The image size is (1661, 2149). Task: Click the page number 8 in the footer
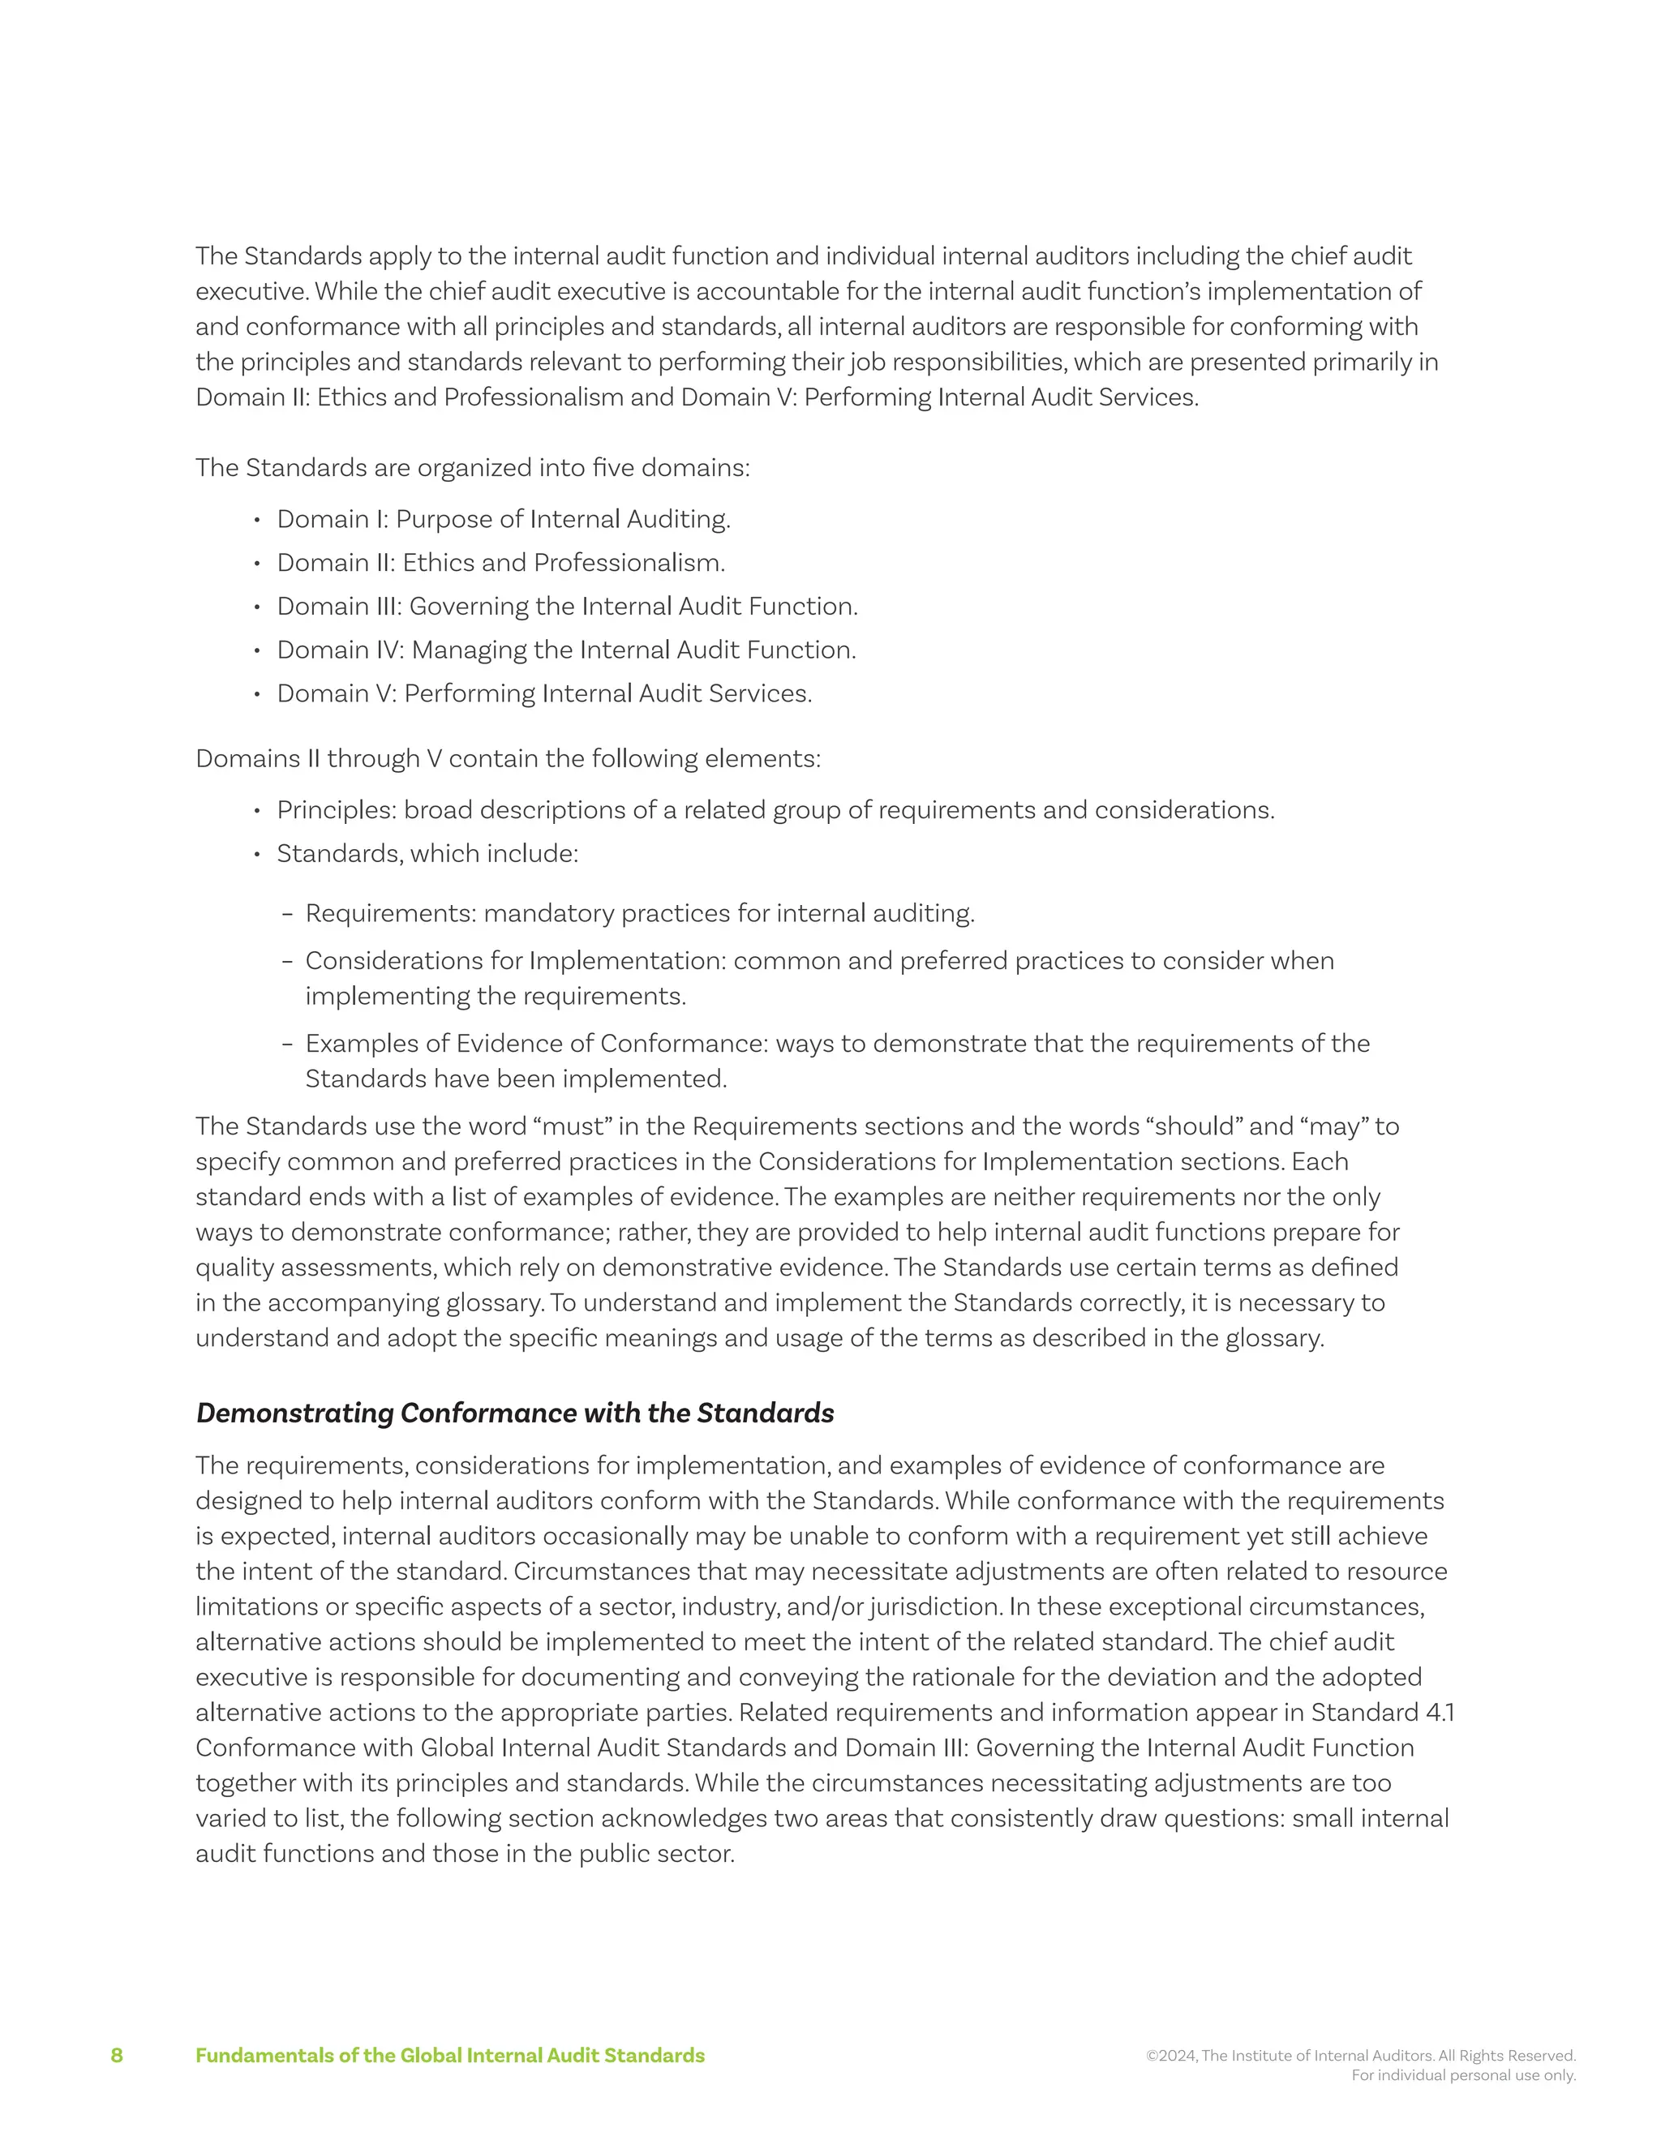116,2056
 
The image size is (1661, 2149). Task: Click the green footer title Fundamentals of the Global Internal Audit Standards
449,2056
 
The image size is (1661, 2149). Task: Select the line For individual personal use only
1463,2075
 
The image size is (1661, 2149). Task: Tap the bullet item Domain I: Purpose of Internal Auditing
503,520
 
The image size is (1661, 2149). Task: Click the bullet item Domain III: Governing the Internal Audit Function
567,606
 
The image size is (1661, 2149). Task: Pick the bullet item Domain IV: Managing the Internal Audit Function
566,650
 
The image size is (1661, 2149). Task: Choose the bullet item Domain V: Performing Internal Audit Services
544,693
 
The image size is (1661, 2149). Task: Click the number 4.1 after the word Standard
1440,1713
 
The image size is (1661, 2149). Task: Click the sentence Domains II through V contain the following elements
508,759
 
